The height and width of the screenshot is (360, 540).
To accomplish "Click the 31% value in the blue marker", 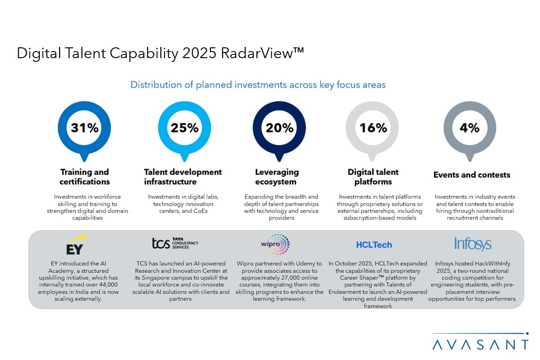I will (84, 127).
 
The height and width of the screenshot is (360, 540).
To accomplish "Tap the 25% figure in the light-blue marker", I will (185, 127).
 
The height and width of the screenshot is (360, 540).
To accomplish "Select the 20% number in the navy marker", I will (279, 127).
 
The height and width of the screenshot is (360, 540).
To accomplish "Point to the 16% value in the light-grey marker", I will (373, 127).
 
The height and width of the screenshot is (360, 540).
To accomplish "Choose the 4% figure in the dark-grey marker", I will (470, 127).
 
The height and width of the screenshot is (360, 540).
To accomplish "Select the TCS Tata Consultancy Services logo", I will (175, 243).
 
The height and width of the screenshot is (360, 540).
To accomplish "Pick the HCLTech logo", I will (374, 245).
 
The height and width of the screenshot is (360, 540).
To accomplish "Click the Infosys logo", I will (472, 244).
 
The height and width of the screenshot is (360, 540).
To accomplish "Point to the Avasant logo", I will (480, 344).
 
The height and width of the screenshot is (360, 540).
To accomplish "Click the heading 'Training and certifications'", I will (84, 177).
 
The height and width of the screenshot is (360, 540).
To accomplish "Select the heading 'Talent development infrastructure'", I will (183, 177).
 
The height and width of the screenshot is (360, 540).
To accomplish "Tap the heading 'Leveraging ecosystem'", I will (277, 177).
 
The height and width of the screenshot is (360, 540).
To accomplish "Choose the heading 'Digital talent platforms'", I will (373, 177).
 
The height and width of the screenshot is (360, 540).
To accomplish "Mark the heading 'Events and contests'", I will (472, 175).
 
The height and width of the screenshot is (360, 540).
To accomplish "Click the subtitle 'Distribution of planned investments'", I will (258, 85).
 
